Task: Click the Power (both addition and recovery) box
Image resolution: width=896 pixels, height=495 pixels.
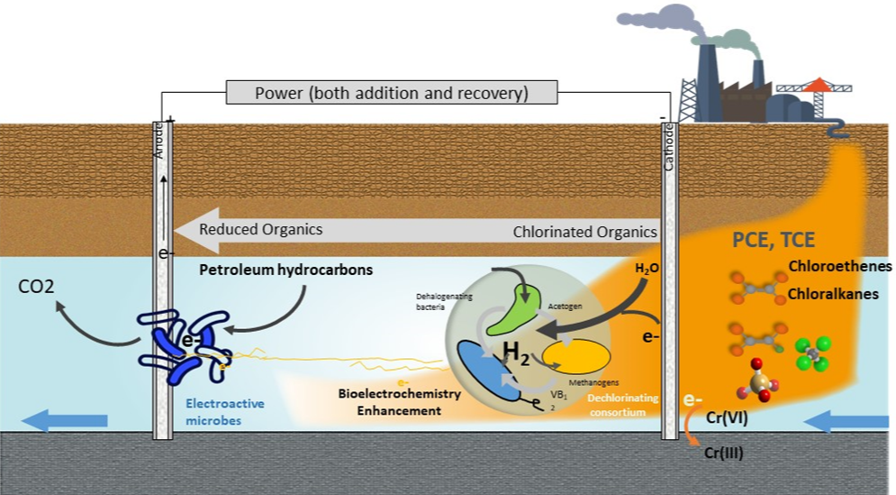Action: pyautogui.click(x=391, y=93)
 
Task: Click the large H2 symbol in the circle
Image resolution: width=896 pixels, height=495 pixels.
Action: pyautogui.click(x=516, y=350)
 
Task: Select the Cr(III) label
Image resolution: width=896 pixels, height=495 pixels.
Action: pyautogui.click(x=723, y=454)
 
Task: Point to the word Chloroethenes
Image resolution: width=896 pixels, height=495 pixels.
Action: pyautogui.click(x=839, y=267)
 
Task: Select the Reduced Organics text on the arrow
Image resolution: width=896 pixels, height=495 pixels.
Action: pyautogui.click(x=260, y=229)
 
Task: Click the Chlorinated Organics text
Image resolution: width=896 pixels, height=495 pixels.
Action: pyautogui.click(x=584, y=232)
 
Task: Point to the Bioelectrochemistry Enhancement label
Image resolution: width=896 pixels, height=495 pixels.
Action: pyautogui.click(x=399, y=402)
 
